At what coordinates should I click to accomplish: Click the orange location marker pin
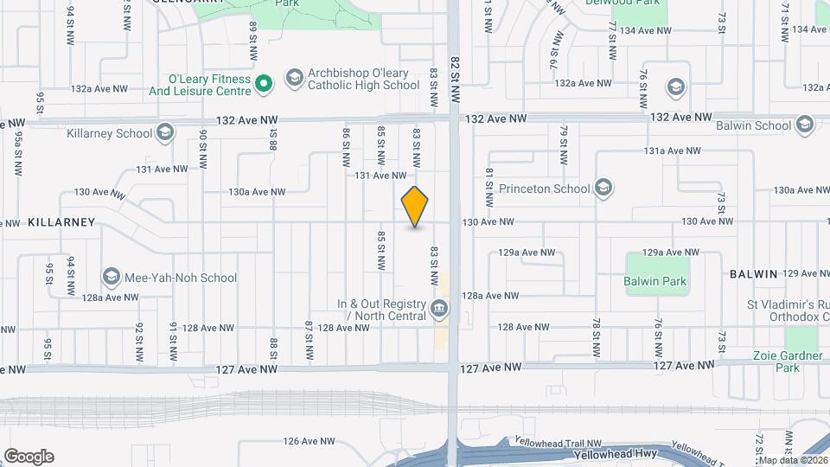[x=415, y=207]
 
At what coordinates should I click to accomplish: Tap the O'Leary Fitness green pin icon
[x=266, y=83]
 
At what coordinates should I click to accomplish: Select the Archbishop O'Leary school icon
[x=294, y=79]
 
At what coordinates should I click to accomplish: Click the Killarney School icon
[x=165, y=132]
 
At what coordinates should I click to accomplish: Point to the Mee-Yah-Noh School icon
[x=111, y=277]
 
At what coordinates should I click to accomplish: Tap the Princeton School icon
[x=603, y=188]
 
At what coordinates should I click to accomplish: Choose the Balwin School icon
[x=805, y=125]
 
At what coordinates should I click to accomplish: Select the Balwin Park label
[x=654, y=281]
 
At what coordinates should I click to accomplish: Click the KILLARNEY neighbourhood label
[x=61, y=222]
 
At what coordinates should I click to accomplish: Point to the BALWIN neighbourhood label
[x=754, y=273]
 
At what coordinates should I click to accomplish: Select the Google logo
[x=29, y=457]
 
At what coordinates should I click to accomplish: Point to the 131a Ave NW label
[x=672, y=150]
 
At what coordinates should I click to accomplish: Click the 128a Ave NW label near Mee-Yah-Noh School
[x=110, y=297]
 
